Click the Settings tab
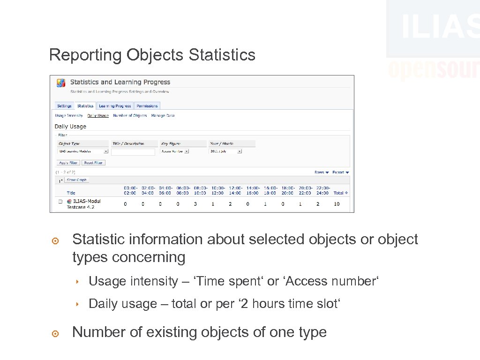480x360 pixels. [64, 106]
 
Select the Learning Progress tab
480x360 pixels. [115, 106]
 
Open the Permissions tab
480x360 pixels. [148, 106]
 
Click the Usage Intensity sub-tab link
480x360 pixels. [69, 115]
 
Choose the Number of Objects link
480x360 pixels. [130, 115]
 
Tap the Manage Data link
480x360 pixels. [163, 115]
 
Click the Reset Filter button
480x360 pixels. [94, 163]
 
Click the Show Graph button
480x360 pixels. [76, 180]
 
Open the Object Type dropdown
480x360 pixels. [83, 151]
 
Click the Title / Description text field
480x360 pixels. [133, 152]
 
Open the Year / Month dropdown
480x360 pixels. [225, 151]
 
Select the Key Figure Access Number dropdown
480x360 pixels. [174, 151]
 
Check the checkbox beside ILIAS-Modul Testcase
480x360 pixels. [60, 202]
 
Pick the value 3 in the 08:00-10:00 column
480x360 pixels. [195, 204]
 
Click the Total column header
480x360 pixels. [340, 193]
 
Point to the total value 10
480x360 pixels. [337, 204]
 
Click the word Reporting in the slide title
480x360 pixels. [85, 55]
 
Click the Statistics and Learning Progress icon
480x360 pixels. [61, 83]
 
